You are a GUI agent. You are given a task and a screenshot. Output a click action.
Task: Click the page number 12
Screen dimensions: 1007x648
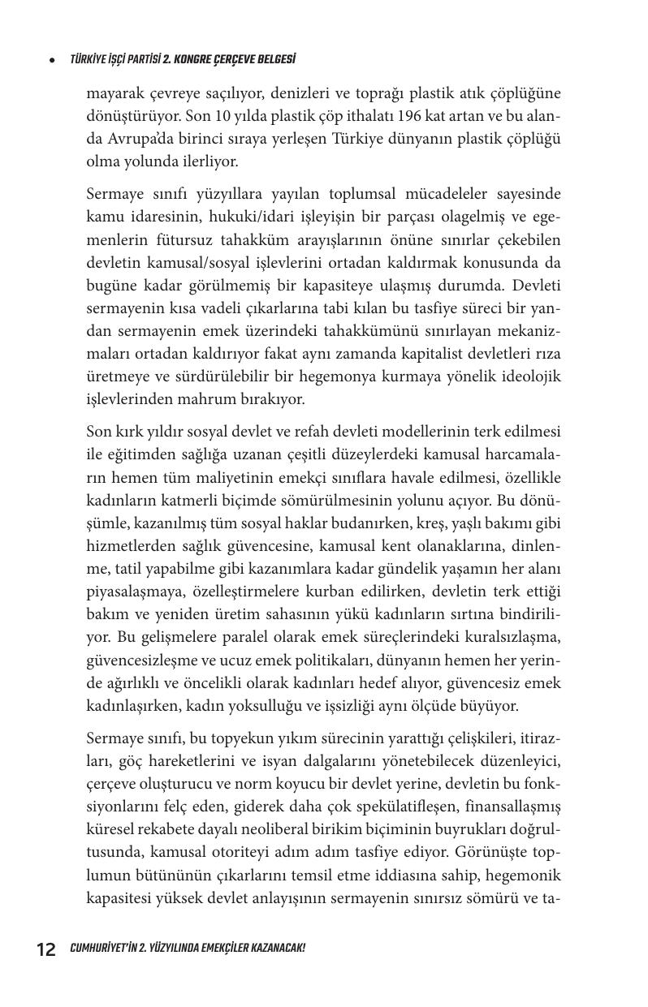45,949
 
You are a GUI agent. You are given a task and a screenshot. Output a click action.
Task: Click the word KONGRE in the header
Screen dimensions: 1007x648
189,60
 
